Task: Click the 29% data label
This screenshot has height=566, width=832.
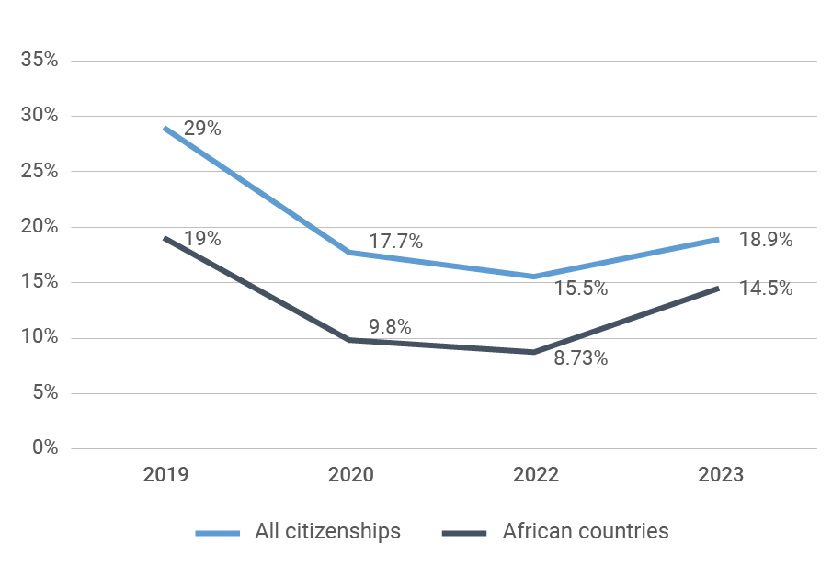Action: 202,129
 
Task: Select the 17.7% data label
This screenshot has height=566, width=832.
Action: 396,243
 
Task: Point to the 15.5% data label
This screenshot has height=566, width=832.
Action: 581,289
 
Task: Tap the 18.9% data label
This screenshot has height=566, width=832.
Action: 766,240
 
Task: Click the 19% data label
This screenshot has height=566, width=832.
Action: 202,239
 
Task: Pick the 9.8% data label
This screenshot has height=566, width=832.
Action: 390,326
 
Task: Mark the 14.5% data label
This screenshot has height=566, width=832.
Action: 766,289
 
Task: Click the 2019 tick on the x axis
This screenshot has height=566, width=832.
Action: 165,475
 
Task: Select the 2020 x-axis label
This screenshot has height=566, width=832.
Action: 351,475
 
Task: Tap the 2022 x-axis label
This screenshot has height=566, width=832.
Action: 535,475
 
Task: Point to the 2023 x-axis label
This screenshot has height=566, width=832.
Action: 721,475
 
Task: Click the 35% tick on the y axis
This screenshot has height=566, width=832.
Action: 40,61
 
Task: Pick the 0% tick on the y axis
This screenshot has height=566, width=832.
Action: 44,448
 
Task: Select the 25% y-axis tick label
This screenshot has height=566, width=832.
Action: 40,172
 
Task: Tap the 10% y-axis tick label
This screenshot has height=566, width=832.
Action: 40,338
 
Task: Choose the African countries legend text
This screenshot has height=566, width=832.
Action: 586,531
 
